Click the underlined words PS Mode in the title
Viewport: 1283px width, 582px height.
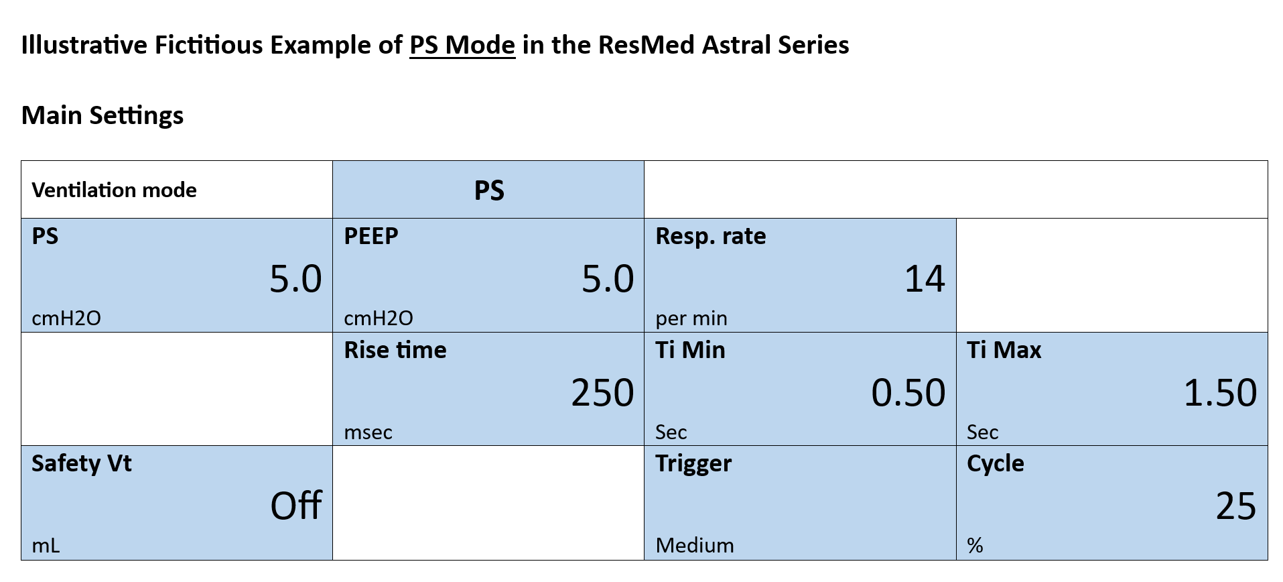(x=462, y=46)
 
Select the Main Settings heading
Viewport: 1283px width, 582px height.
(x=103, y=116)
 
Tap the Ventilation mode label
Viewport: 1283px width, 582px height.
(x=114, y=190)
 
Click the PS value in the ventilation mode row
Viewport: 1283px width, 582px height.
(x=489, y=190)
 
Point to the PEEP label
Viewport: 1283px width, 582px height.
(x=371, y=236)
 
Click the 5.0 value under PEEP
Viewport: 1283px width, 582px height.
(x=608, y=279)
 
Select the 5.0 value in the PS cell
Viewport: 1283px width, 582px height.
(x=295, y=279)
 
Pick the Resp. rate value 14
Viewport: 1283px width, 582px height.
(x=925, y=279)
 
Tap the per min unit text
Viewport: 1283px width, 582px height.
(x=691, y=318)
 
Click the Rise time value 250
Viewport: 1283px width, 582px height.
(x=602, y=393)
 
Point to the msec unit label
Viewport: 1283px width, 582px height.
(x=368, y=432)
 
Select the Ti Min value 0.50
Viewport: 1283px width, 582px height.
(x=908, y=393)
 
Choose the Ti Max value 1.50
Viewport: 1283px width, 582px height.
(x=1221, y=393)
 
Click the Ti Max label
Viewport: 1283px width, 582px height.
(x=1004, y=350)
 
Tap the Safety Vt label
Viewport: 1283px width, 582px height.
(x=82, y=463)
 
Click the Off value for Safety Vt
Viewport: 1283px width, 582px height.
(x=296, y=506)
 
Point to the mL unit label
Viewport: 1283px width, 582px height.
(x=46, y=546)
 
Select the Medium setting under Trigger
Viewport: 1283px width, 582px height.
(x=695, y=546)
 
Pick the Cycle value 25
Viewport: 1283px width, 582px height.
(x=1236, y=506)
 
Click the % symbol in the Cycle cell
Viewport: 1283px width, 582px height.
(x=975, y=546)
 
